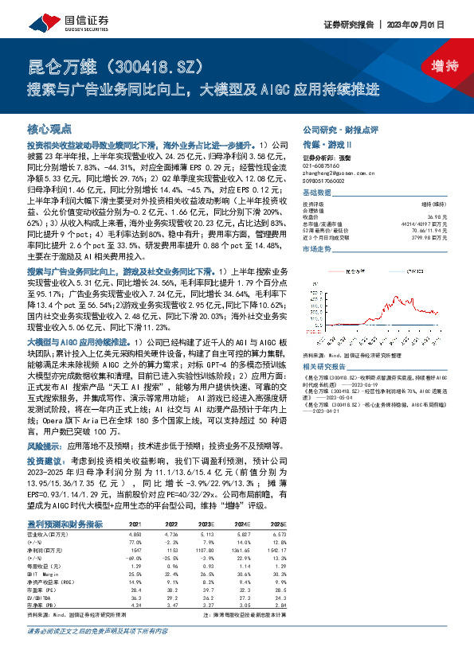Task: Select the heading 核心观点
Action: [x=49, y=128]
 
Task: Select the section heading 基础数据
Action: [x=320, y=193]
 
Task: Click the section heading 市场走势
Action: [x=320, y=248]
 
